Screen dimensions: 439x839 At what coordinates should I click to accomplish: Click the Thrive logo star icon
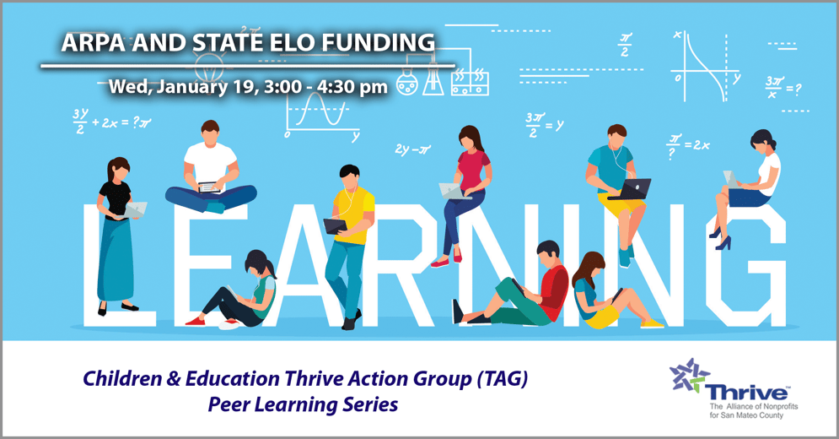689,375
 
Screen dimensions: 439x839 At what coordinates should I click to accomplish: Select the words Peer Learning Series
303,404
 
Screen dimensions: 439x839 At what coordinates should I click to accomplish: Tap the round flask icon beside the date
407,84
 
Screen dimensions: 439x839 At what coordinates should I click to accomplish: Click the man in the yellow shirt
349,241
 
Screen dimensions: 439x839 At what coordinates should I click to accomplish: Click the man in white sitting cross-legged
210,169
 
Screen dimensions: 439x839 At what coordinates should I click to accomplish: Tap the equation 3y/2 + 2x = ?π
111,121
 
